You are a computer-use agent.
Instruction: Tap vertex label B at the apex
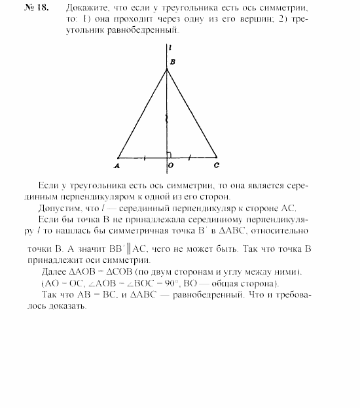tap(172, 61)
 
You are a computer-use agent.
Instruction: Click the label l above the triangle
tap(170, 48)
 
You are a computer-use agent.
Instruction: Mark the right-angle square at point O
tap(170, 154)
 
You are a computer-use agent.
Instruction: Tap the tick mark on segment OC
tap(190, 157)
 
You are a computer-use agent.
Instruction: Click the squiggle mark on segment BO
tap(167, 119)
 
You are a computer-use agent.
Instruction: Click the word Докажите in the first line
tap(86, 10)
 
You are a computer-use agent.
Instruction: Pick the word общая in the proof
tap(249, 283)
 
